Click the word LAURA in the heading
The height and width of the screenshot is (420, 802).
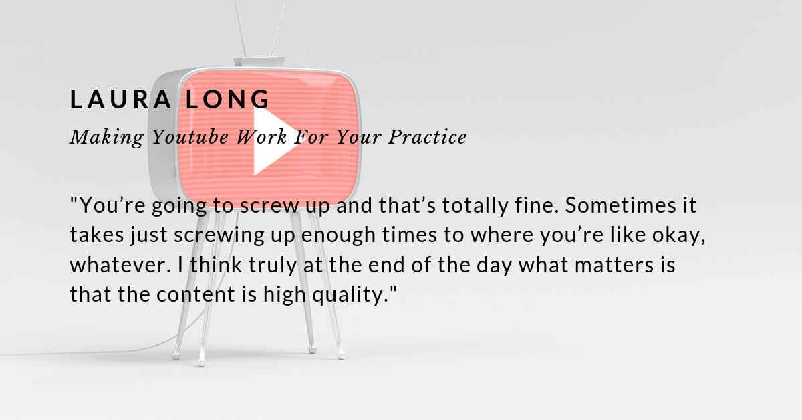121,99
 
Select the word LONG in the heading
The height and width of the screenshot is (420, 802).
227,99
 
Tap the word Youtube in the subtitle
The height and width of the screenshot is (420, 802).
190,137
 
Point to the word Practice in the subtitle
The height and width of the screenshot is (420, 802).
428,137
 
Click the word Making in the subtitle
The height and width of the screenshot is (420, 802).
107,138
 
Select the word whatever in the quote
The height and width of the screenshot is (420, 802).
120,265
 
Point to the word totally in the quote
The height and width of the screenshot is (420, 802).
475,205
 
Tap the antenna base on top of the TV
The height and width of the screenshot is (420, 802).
259,62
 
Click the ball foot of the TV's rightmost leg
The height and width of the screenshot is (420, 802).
341,356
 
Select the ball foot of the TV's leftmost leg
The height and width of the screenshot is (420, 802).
176,356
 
